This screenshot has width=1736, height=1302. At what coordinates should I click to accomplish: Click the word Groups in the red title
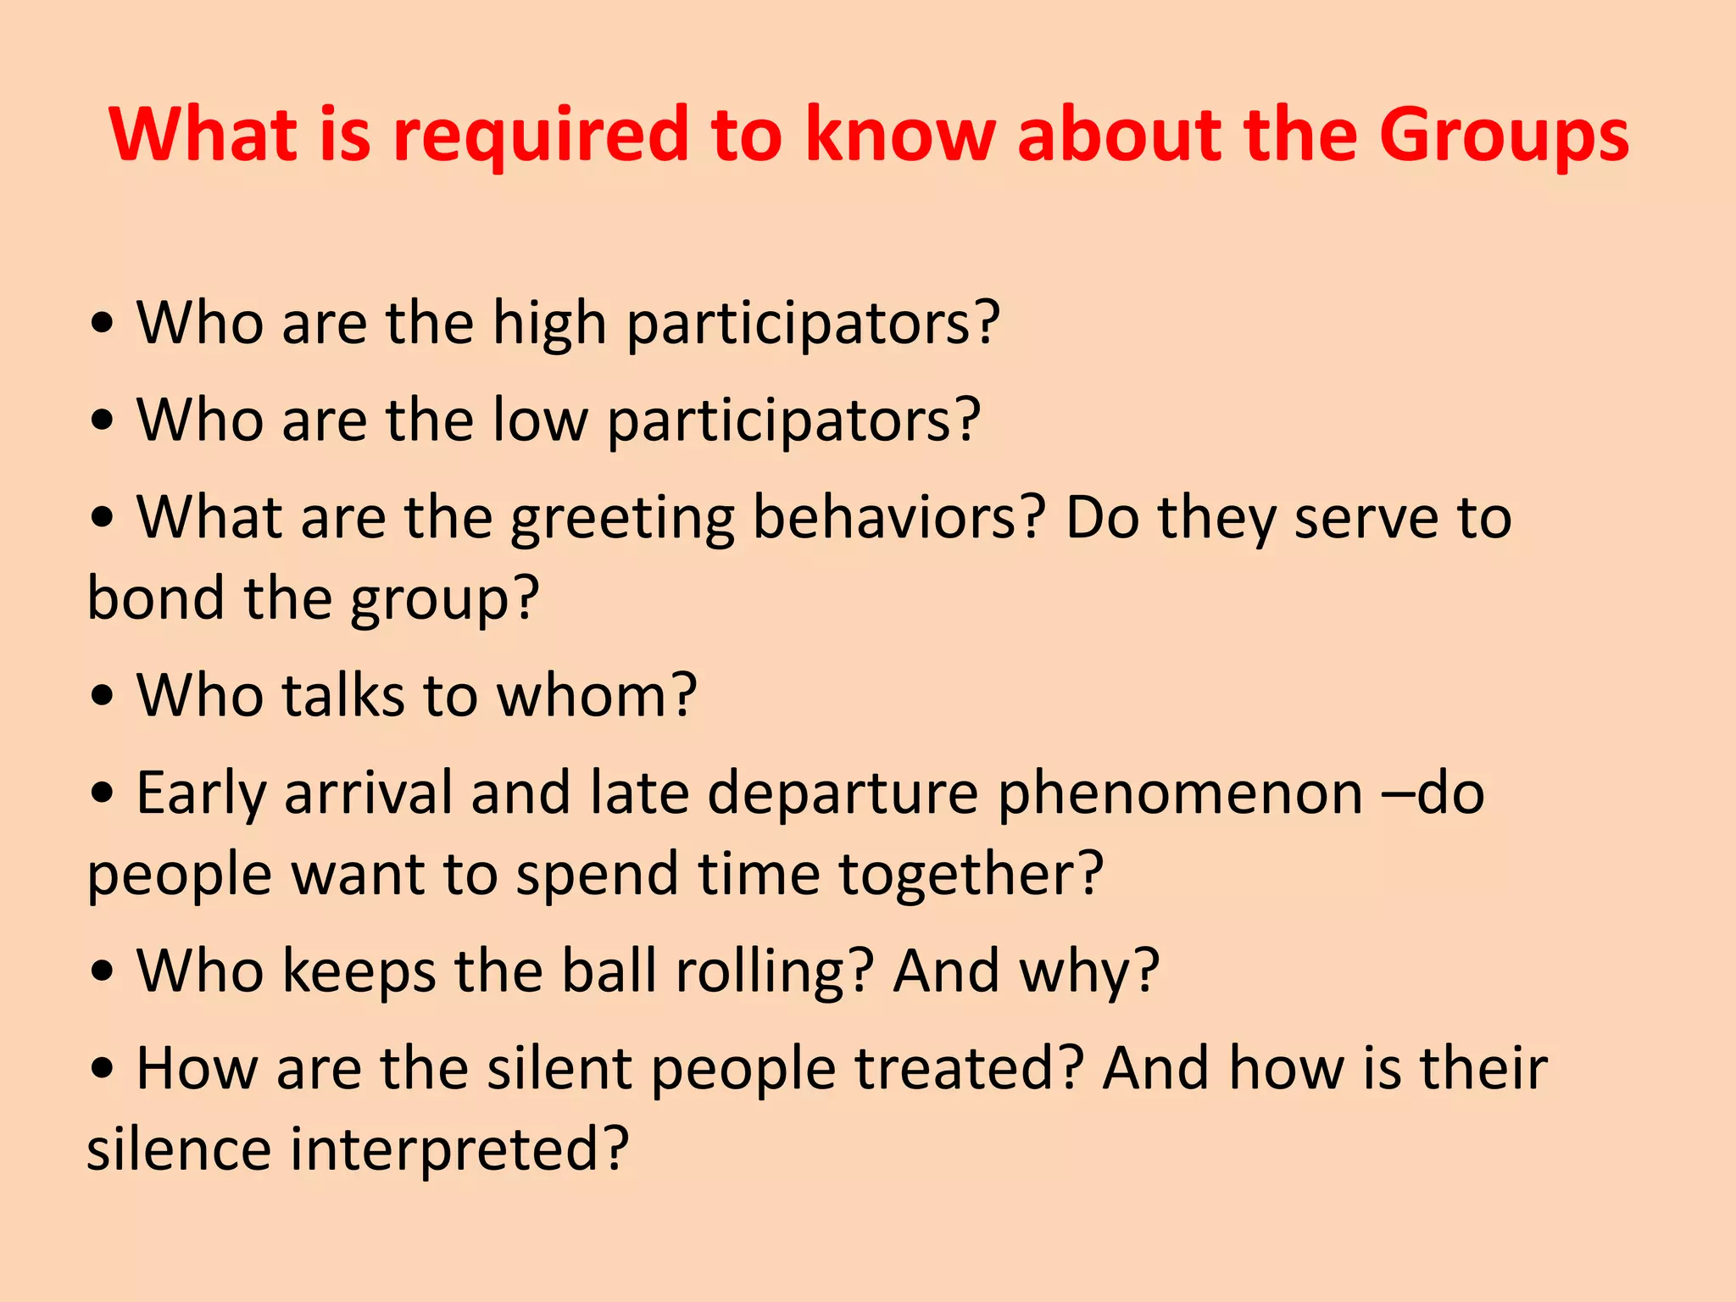1503,136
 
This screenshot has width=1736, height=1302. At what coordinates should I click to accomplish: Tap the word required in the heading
540,136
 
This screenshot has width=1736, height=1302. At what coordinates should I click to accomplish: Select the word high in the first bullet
549,324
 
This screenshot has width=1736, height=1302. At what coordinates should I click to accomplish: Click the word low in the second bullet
540,420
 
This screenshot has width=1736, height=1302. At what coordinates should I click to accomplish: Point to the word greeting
622,519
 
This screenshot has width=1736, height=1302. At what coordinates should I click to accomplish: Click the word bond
156,598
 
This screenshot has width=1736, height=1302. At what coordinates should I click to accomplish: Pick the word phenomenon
1180,794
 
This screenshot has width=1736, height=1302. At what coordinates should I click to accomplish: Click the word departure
843,794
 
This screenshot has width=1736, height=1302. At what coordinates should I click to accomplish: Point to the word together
960,874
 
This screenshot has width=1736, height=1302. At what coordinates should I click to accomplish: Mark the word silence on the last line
179,1149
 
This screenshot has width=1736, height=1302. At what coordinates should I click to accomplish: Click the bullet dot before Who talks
103,696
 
